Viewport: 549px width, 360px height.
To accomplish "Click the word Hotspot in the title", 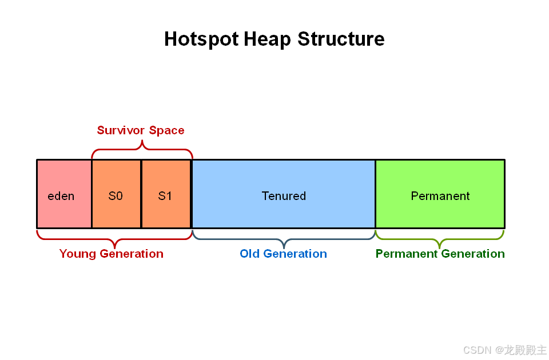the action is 202,39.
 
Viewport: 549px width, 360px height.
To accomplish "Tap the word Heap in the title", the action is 267,39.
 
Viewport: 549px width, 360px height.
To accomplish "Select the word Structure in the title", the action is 341,38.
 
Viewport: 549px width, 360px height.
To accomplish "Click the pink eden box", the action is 64,194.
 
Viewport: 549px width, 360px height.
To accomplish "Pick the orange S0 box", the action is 116,194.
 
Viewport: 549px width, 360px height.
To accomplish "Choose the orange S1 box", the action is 166,194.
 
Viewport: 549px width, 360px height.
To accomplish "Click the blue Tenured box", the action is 284,194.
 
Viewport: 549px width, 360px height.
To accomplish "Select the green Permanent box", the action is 440,194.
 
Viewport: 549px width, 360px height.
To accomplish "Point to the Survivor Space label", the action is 141,130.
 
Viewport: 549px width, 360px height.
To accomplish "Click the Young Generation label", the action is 112,254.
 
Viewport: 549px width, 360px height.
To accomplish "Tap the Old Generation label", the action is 283,254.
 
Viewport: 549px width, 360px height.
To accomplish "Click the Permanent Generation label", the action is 440,254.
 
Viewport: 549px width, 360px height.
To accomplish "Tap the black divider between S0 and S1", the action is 141,194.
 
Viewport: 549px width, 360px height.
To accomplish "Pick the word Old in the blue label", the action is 250,254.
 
